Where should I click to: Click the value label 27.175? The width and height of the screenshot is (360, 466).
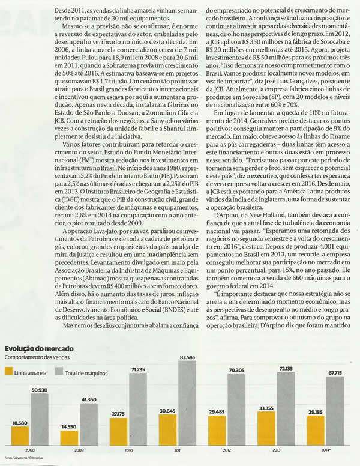point(119,414)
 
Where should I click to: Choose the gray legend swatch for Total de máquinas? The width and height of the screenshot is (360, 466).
point(58,372)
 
